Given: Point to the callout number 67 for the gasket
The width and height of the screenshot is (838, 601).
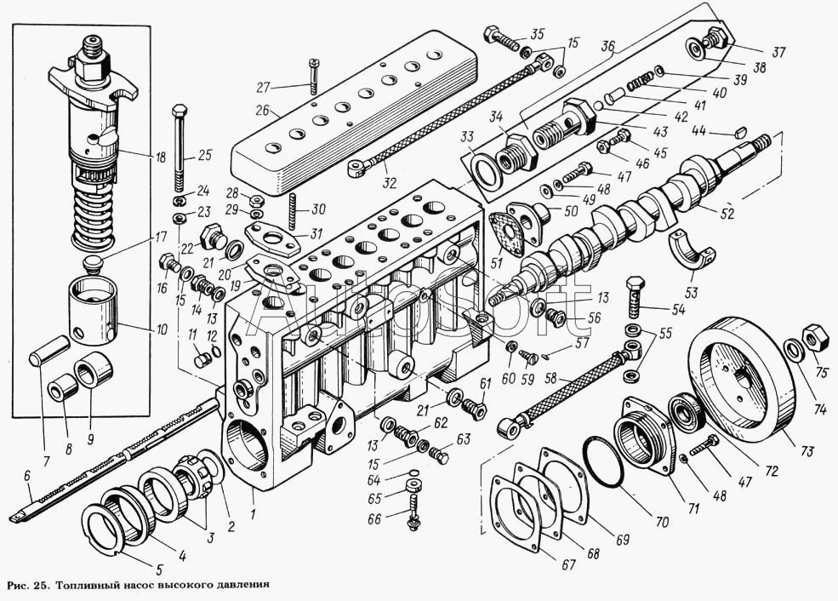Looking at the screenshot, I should tap(567, 563).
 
